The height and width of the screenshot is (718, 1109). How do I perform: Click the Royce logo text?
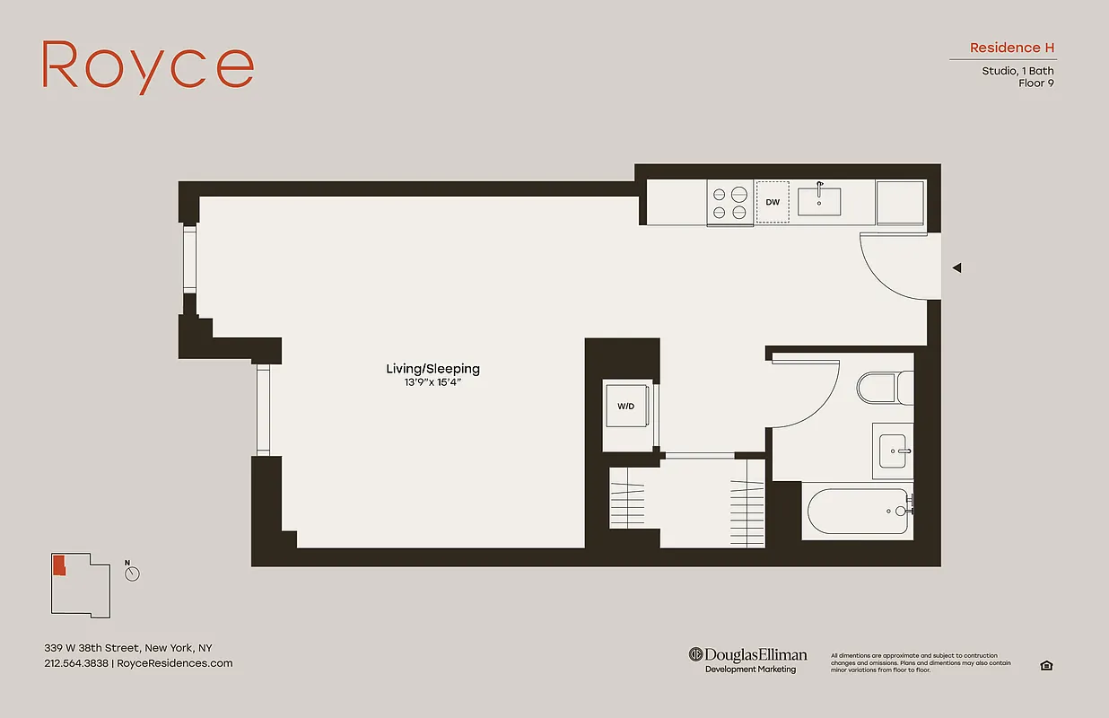tap(148, 66)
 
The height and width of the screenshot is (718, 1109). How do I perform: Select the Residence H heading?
tap(1011, 48)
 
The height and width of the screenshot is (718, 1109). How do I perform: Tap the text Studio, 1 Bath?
tap(1017, 71)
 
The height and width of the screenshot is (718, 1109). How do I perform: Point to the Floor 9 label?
tap(1035, 83)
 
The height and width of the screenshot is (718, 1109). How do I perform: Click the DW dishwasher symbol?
tap(772, 202)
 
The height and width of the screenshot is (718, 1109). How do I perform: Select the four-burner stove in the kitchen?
tap(729, 202)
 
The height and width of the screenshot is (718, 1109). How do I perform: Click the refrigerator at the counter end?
tap(901, 202)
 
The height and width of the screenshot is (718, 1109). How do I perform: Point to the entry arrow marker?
tap(956, 267)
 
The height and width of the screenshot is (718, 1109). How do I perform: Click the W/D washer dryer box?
tap(625, 407)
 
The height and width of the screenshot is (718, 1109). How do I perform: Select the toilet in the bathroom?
tap(883, 389)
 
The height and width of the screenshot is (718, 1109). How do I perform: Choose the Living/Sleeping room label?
tap(432, 369)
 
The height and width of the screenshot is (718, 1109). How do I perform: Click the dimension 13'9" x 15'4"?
tap(432, 383)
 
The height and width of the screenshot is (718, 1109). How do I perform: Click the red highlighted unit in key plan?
tap(59, 565)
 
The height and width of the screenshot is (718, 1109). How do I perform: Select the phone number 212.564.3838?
tap(76, 663)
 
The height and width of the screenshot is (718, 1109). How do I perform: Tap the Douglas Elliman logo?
tap(748, 655)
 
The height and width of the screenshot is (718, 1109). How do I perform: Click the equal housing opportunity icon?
tap(1046, 665)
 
